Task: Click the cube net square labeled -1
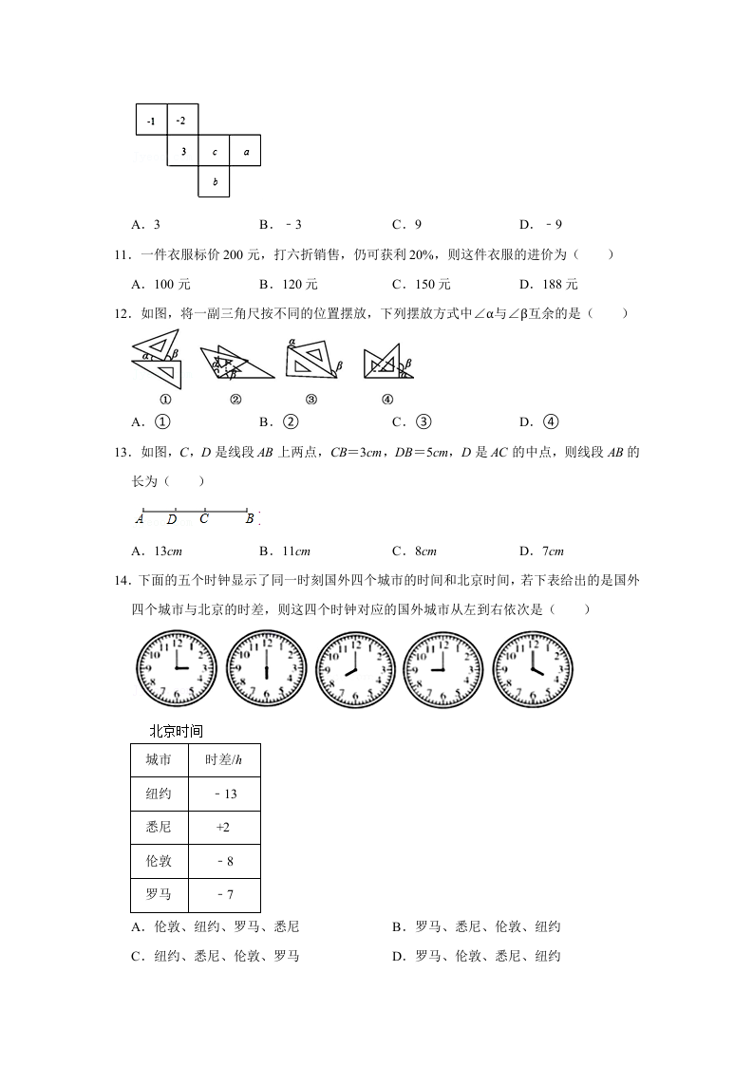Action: point(151,121)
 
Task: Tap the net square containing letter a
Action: point(245,151)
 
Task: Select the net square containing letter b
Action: point(215,181)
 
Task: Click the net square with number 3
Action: point(183,151)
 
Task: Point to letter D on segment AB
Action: point(172,519)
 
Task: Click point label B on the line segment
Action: point(250,519)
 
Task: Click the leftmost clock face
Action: point(176,668)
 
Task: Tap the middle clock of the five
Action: point(355,668)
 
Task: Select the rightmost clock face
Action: point(534,668)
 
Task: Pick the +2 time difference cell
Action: point(223,828)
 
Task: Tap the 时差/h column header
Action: point(223,759)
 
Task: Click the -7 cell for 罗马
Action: point(223,895)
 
